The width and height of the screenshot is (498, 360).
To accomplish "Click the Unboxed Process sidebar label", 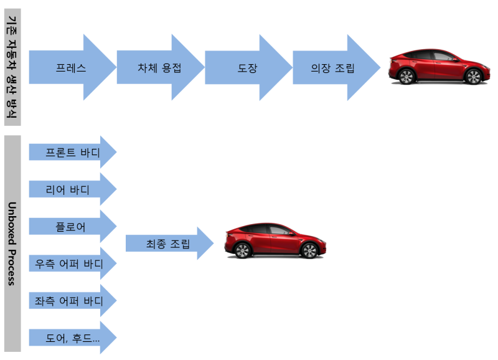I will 12,243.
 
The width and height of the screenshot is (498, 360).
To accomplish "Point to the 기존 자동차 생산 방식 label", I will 12,67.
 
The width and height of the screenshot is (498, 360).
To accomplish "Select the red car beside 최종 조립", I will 275,241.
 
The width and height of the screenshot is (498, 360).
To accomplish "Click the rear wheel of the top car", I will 474,77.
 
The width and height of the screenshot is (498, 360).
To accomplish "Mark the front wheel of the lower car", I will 243,250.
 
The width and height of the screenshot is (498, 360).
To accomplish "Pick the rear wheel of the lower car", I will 309,250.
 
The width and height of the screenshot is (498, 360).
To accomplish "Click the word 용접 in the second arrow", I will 171,67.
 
